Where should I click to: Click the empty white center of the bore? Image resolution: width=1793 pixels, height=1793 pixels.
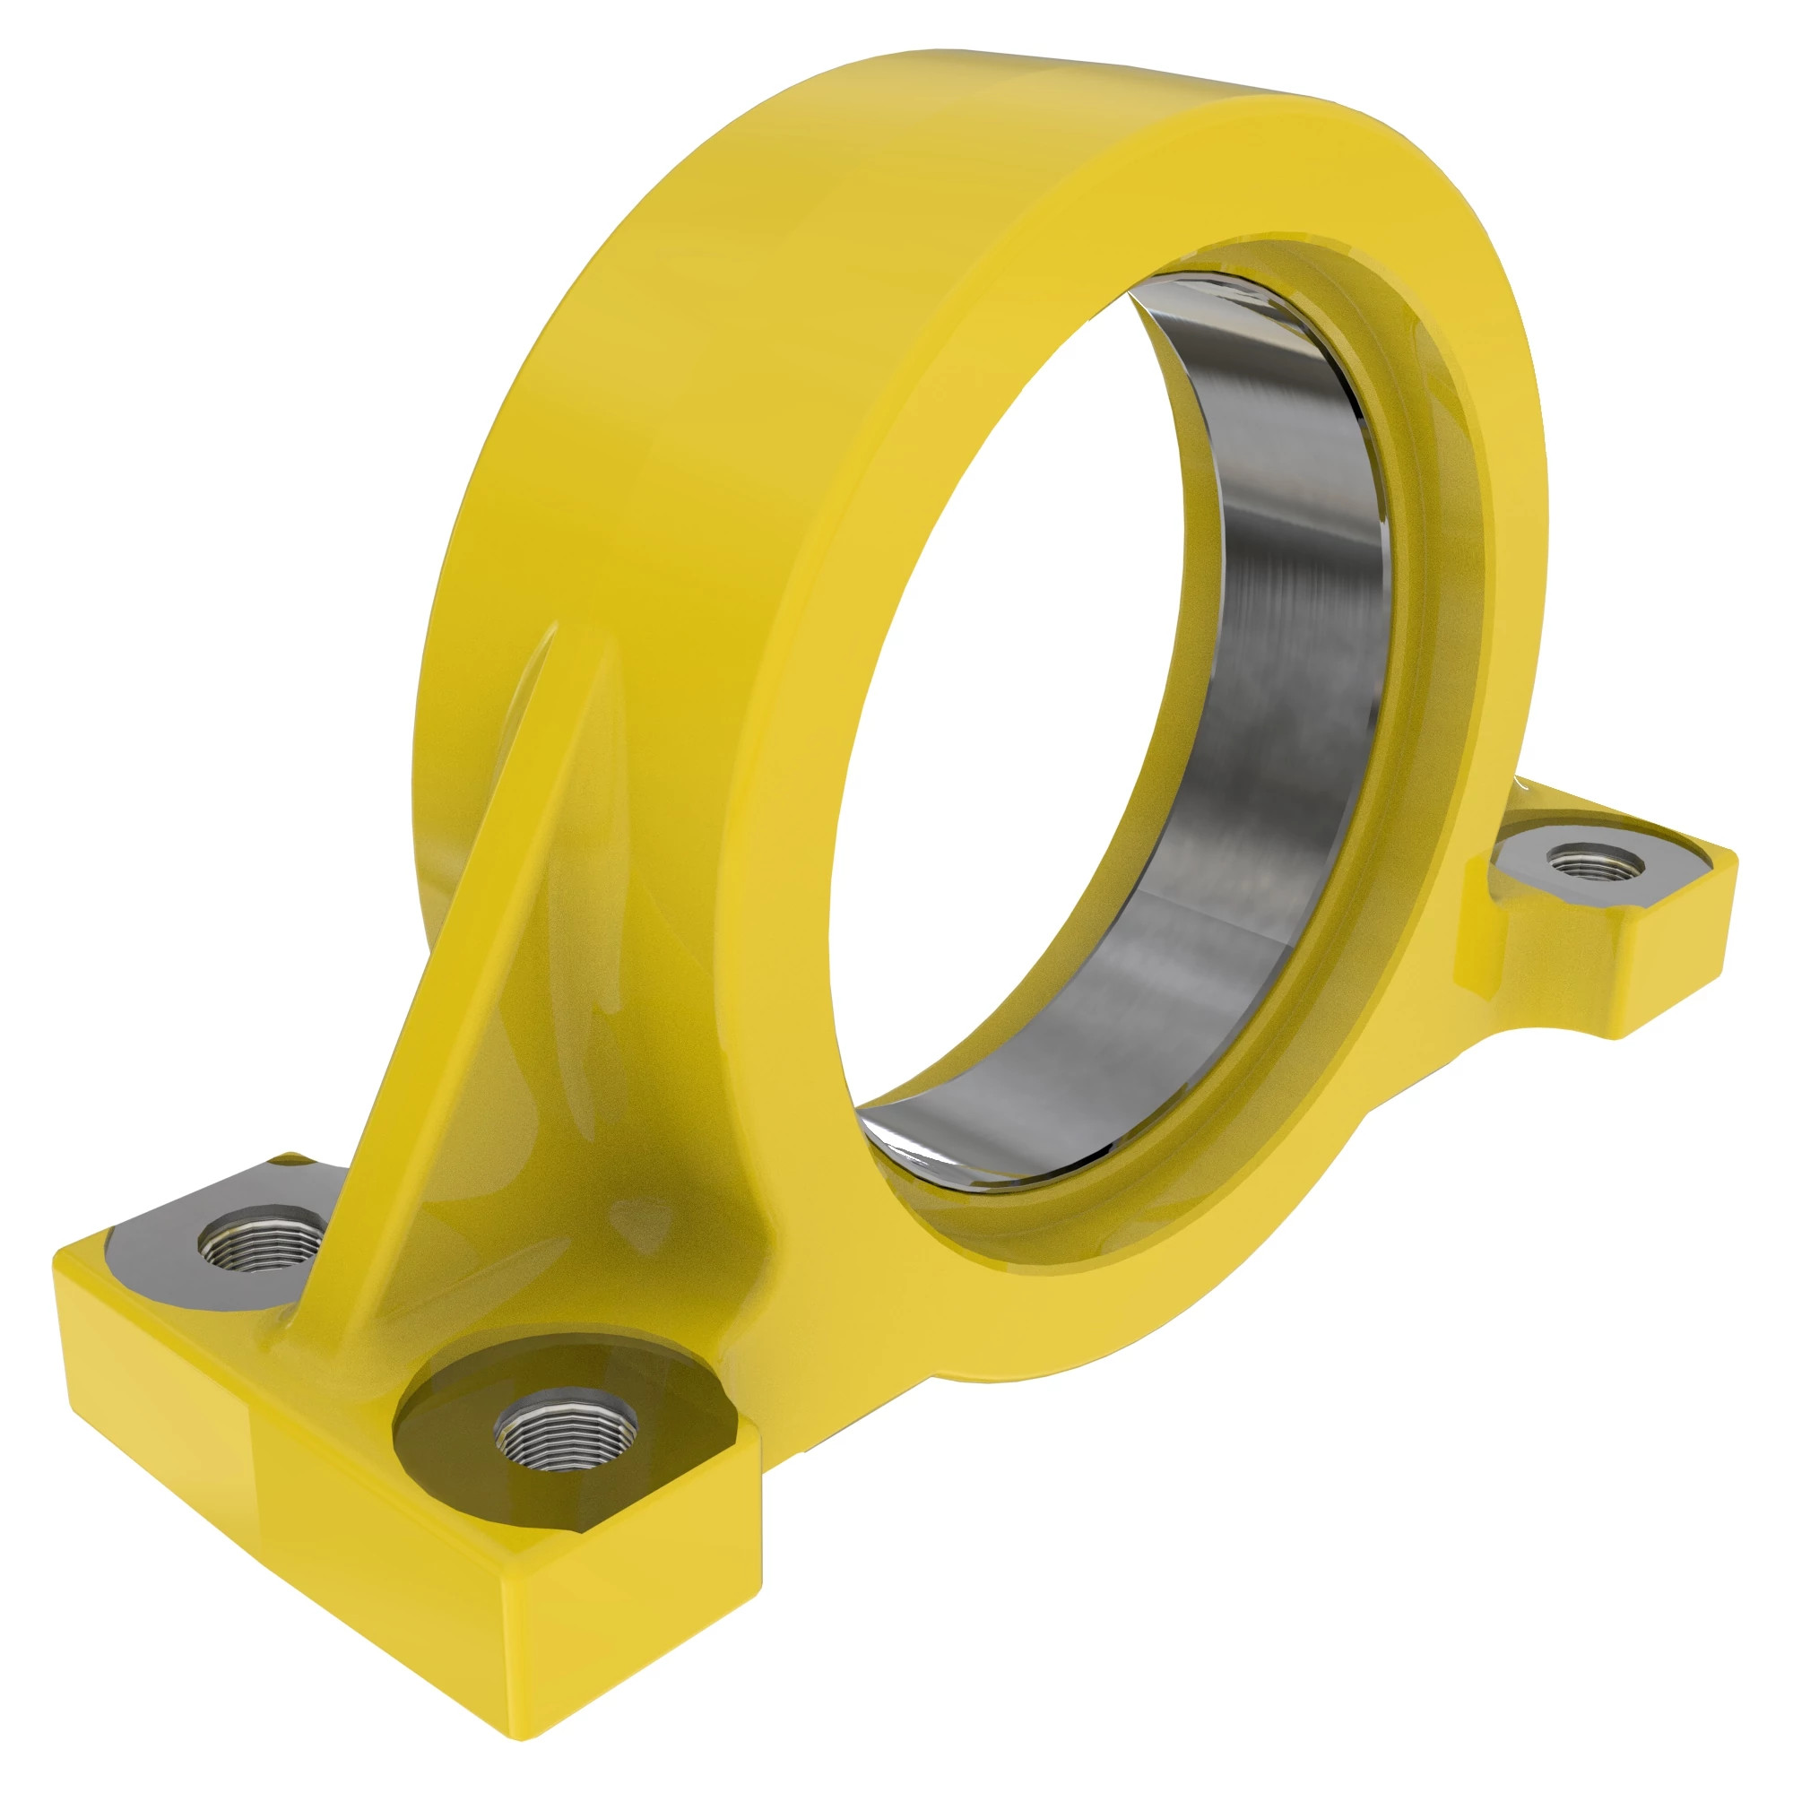[x=1002, y=742]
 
